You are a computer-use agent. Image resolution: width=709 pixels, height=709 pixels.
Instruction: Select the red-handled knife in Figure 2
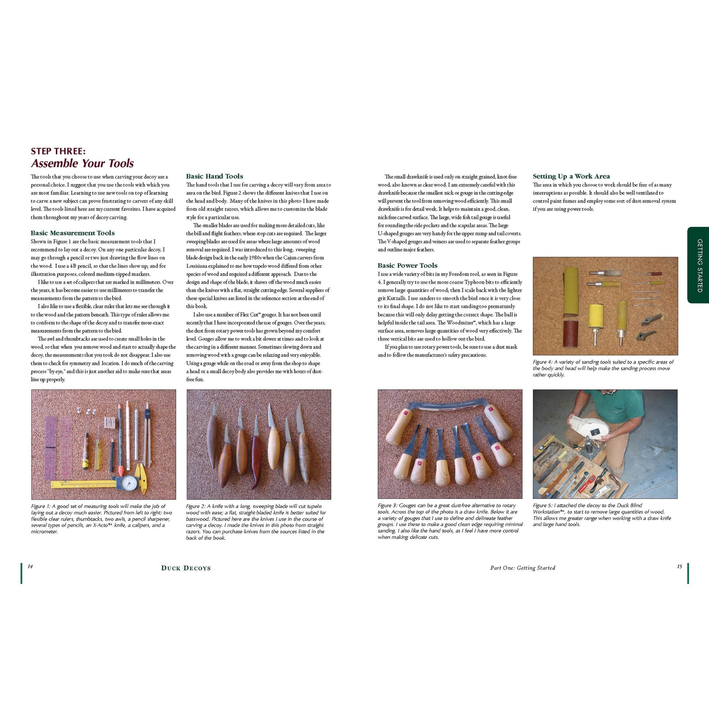click(x=256, y=459)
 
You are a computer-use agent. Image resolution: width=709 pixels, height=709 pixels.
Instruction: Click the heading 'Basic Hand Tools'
click(x=214, y=176)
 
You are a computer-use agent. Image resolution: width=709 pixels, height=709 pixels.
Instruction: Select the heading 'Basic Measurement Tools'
click(x=73, y=233)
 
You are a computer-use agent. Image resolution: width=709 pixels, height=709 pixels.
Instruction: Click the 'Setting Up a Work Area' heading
click(x=571, y=176)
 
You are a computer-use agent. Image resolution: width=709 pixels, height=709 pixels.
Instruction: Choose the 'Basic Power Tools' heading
click(x=407, y=265)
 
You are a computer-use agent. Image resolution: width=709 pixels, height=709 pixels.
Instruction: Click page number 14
click(x=30, y=567)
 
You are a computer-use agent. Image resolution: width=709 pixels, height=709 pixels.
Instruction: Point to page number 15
click(x=679, y=567)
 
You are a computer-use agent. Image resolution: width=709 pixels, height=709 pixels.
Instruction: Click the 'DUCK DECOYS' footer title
click(x=186, y=568)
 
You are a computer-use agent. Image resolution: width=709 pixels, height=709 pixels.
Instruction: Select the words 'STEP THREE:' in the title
click(x=58, y=151)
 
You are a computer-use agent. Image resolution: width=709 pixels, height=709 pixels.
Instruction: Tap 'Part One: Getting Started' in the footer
click(x=522, y=568)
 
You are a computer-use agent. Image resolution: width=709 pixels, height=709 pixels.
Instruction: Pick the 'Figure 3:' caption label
click(x=388, y=505)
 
